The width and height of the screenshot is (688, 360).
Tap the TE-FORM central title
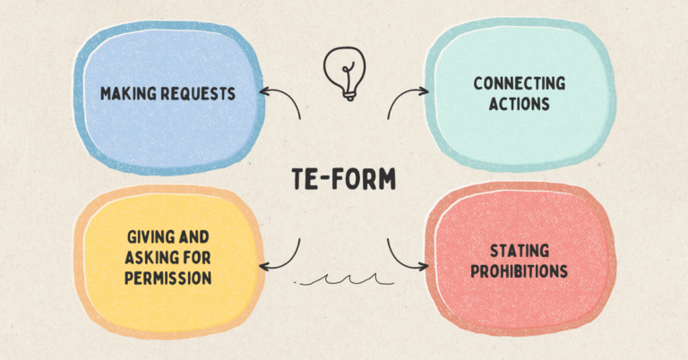click(344, 178)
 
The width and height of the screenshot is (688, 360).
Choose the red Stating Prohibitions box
click(520, 261)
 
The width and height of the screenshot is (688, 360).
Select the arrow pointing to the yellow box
click(282, 255)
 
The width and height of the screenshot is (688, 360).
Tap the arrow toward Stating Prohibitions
click(405, 256)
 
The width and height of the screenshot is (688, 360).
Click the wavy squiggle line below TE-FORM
click(345, 281)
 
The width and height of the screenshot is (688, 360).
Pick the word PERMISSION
click(168, 279)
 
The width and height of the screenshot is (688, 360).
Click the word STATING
click(520, 252)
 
